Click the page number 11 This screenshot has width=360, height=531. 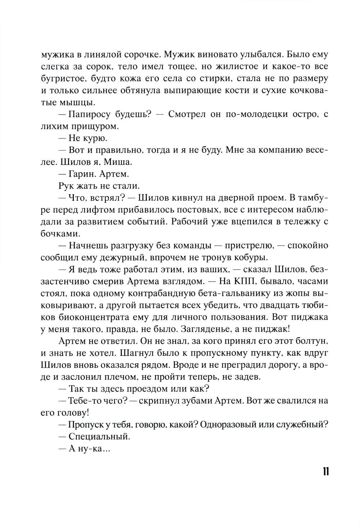325,471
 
